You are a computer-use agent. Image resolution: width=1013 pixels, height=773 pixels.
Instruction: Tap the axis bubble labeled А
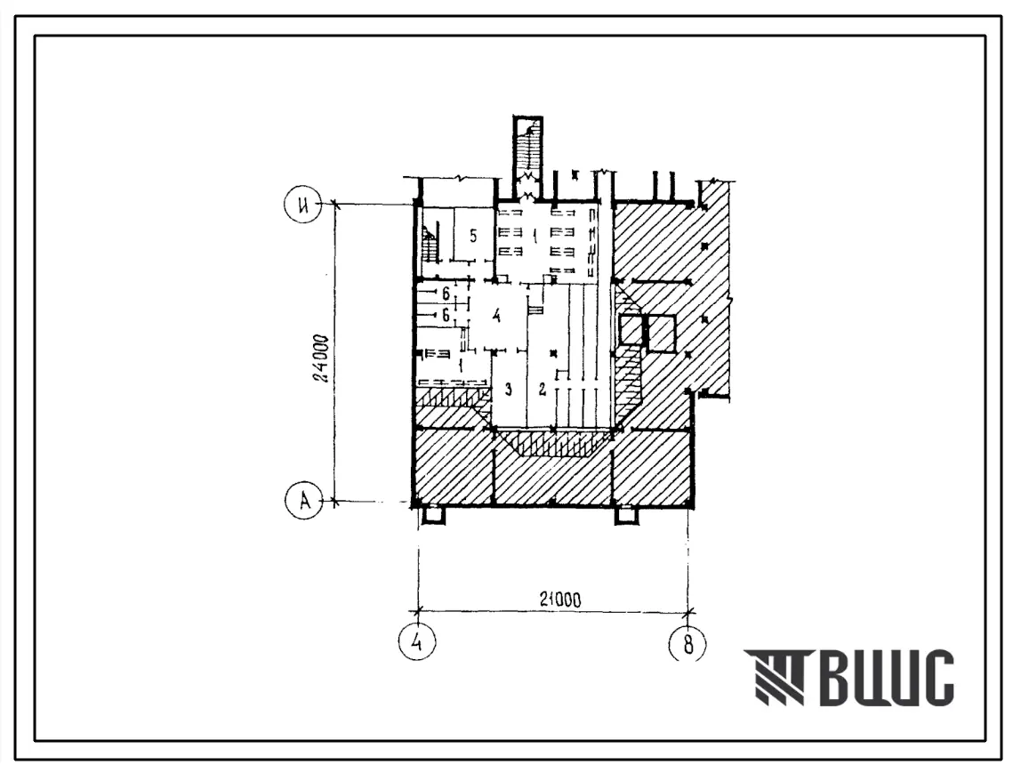pyautogui.click(x=303, y=500)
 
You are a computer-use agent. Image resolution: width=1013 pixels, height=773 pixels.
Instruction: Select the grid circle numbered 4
pyautogui.click(x=417, y=642)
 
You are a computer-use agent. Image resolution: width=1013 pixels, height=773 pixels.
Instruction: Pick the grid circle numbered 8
pyautogui.click(x=687, y=643)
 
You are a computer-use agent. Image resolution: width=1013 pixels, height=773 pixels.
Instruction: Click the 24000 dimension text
pyautogui.click(x=322, y=358)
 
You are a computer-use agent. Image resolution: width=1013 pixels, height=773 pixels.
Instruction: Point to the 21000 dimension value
pyautogui.click(x=559, y=600)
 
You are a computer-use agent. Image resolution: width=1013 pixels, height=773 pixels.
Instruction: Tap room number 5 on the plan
pyautogui.click(x=473, y=236)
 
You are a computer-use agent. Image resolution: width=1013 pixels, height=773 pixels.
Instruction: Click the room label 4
pyautogui.click(x=496, y=316)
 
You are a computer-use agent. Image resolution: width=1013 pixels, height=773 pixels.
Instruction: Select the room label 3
pyautogui.click(x=509, y=389)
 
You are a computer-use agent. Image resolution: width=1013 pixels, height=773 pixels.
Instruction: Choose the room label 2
pyautogui.click(x=543, y=389)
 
